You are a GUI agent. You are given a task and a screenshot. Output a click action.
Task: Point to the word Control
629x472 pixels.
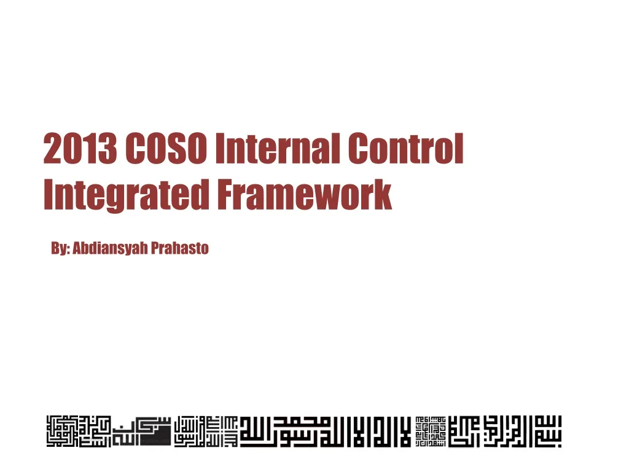tap(406, 149)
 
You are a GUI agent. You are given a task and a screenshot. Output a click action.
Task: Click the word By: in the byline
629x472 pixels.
tap(60, 249)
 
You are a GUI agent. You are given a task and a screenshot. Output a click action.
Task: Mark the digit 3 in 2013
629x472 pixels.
tap(109, 149)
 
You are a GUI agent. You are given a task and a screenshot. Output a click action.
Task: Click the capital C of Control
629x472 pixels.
tap(360, 149)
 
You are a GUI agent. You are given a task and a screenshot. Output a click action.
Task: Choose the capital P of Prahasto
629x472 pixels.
tap(155, 249)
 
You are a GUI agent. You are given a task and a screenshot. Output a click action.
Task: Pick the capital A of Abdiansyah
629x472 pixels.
tap(77, 249)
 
